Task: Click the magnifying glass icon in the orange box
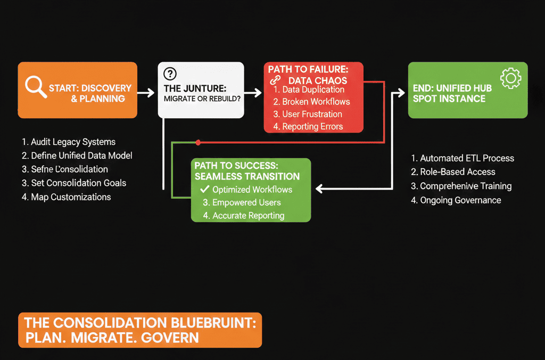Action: pyautogui.click(x=35, y=87)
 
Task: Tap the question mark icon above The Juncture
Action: pyautogui.click(x=170, y=74)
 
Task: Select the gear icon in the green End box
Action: pyautogui.click(x=510, y=78)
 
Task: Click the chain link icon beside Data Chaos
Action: pyautogui.click(x=276, y=80)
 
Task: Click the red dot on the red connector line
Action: pyautogui.click(x=198, y=142)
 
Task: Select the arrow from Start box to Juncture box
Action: pyautogui.click(x=146, y=93)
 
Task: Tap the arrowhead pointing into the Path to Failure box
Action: pyautogui.click(x=259, y=93)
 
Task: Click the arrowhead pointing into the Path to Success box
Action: pyautogui.click(x=319, y=189)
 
